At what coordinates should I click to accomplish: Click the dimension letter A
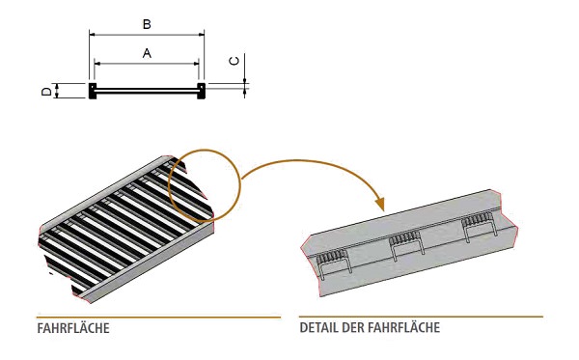pyautogui.click(x=147, y=54)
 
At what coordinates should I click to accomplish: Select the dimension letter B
pyautogui.click(x=147, y=21)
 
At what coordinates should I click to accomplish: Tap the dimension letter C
pyautogui.click(x=234, y=60)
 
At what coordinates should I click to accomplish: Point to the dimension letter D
pyautogui.click(x=45, y=92)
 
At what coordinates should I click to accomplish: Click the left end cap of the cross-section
pyautogui.click(x=92, y=92)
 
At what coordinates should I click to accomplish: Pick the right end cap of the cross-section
pyautogui.click(x=202, y=92)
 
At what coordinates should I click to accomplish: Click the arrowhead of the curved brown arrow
pyautogui.click(x=380, y=205)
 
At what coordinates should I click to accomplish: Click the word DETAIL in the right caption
pyautogui.click(x=317, y=328)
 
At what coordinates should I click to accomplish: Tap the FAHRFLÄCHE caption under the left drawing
pyautogui.click(x=72, y=328)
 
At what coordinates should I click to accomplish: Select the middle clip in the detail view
pyautogui.click(x=405, y=242)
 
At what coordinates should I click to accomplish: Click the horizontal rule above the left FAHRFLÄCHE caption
pyautogui.click(x=158, y=317)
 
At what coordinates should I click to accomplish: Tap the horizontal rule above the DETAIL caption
pyautogui.click(x=421, y=317)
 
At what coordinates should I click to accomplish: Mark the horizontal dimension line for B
pyautogui.click(x=147, y=33)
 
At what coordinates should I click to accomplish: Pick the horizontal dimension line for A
pyautogui.click(x=147, y=65)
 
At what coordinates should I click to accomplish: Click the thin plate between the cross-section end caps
pyautogui.click(x=147, y=92)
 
